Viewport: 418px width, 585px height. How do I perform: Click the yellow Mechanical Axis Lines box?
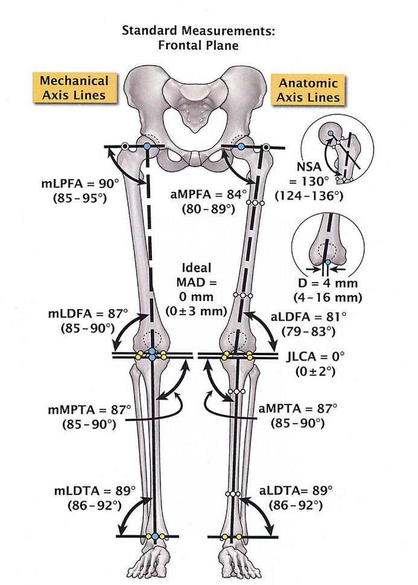click(74, 88)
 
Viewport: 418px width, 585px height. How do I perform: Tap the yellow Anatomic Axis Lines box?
click(308, 90)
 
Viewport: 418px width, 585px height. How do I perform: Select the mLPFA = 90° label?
click(80, 184)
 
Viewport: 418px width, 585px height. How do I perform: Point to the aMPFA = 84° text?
click(209, 194)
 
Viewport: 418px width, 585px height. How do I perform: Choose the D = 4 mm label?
click(328, 283)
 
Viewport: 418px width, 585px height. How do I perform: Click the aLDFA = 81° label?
click(308, 317)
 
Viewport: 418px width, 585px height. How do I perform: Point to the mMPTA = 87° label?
click(89, 410)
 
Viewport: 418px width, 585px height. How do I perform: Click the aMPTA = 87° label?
click(297, 409)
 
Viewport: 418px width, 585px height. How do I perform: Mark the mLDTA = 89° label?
click(95, 491)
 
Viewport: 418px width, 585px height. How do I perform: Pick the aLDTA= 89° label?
click(296, 490)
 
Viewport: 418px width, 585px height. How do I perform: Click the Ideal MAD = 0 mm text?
click(197, 283)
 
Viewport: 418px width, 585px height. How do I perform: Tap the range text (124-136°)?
click(309, 196)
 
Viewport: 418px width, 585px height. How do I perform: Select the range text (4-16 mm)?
click(328, 298)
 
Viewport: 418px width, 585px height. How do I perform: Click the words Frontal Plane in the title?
click(198, 45)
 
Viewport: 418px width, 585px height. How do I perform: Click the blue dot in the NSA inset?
click(331, 133)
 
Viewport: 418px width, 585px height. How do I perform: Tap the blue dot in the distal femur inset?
click(328, 263)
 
